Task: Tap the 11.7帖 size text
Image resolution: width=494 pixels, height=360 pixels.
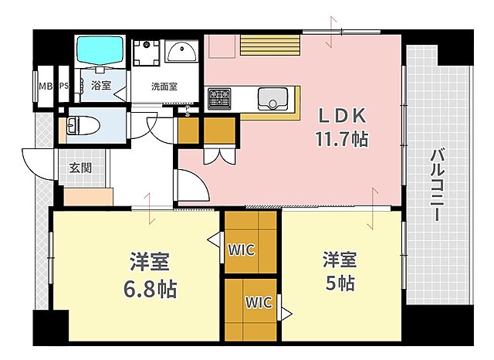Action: point(340,140)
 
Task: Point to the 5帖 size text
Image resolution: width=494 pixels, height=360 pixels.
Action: point(340,282)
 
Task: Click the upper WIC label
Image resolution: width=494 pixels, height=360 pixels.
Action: point(241,250)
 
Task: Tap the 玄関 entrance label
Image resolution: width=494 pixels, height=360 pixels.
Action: point(80,167)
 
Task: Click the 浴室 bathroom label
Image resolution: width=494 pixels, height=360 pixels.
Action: point(100,86)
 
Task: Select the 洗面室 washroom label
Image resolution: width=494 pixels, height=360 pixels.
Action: point(163,87)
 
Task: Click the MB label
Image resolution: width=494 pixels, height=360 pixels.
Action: point(44,85)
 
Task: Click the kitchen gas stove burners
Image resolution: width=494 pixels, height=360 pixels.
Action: point(218,97)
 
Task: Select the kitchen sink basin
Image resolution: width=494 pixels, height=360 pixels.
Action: point(272,98)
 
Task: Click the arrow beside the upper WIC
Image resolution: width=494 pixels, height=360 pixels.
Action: point(212,242)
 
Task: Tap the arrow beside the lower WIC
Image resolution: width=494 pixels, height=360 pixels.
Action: point(286,314)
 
